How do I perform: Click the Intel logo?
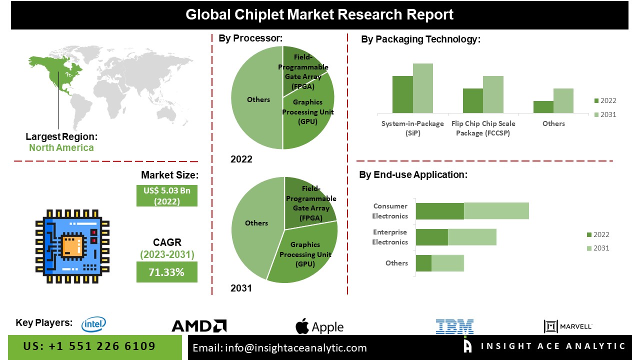[93, 324]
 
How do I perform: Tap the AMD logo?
[199, 326]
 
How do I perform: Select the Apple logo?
[319, 327]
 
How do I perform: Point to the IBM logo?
[454, 326]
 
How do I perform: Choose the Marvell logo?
[568, 326]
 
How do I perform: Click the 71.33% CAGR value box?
[166, 272]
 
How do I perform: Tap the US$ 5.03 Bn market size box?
[166, 195]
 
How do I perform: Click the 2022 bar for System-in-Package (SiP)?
[402, 94]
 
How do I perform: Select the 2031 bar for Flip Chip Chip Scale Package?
[493, 94]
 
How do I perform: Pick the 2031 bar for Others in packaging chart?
[563, 100]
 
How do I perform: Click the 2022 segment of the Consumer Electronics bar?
[440, 211]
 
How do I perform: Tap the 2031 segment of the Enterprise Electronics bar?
[472, 237]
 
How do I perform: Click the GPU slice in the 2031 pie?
[305, 255]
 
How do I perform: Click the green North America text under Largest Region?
[61, 147]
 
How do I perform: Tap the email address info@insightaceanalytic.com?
[279, 348]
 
